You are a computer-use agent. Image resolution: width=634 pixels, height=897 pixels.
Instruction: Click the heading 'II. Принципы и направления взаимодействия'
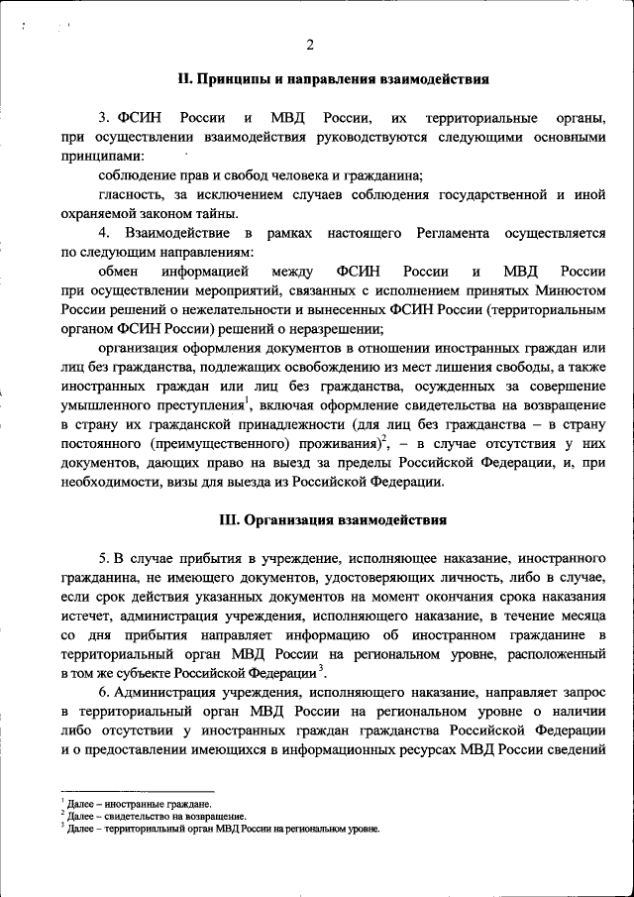pyautogui.click(x=332, y=78)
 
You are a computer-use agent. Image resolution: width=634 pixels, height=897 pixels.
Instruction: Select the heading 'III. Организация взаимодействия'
pyautogui.click(x=332, y=519)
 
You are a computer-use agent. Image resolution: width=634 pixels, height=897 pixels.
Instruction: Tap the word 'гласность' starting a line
pyautogui.click(x=126, y=195)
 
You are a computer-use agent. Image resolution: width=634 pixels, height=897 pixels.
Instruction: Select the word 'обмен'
pyautogui.click(x=118, y=272)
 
